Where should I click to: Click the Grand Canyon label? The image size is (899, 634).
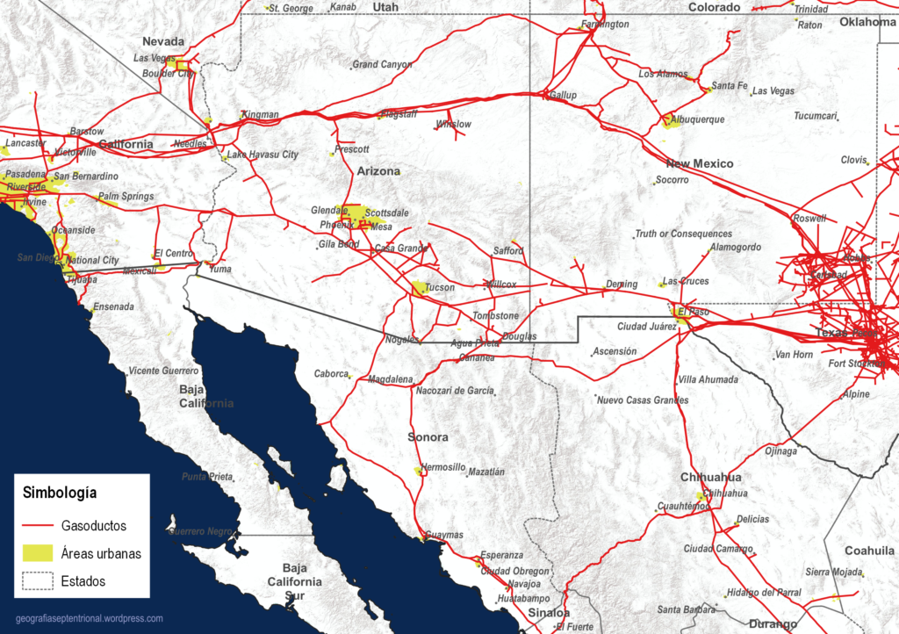pyautogui.click(x=383, y=64)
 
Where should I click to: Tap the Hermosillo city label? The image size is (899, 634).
pyautogui.click(x=443, y=467)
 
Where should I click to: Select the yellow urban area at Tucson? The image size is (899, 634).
pyautogui.click(x=420, y=288)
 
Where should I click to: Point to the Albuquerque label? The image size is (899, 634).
pyautogui.click(x=697, y=119)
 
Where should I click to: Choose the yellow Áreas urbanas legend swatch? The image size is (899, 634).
pyautogui.click(x=38, y=553)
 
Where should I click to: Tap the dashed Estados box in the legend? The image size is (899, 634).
pyautogui.click(x=38, y=580)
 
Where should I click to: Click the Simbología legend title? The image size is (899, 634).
pyautogui.click(x=60, y=493)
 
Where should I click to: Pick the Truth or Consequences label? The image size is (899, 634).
pyautogui.click(x=683, y=234)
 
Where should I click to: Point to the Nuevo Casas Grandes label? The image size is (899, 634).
pyautogui.click(x=643, y=400)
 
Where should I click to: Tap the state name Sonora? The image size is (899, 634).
pyautogui.click(x=428, y=437)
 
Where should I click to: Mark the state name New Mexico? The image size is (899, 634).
pyautogui.click(x=699, y=164)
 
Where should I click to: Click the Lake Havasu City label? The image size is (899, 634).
pyautogui.click(x=263, y=155)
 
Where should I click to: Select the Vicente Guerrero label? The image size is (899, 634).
pyautogui.click(x=163, y=371)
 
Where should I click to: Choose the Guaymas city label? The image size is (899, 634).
pyautogui.click(x=443, y=534)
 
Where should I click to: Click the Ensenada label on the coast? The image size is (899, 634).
pyautogui.click(x=113, y=307)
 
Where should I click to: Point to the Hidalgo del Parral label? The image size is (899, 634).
pyautogui.click(x=764, y=593)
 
